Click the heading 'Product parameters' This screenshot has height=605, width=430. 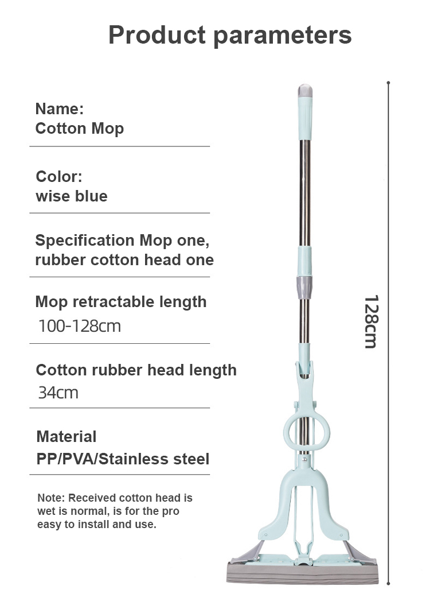pos(230,36)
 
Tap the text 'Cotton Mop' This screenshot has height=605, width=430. pos(80,129)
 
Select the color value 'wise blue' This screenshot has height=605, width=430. pos(72,196)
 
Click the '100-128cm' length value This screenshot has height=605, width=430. pos(80,326)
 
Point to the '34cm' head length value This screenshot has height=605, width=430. pos(58,393)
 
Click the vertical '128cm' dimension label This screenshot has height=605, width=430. pos(372,322)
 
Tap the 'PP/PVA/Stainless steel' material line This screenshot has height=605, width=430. pos(123,459)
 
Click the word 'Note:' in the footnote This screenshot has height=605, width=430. pos(51,498)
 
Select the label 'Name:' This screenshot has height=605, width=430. pos(60,109)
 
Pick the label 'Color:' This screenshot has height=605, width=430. pos(59,177)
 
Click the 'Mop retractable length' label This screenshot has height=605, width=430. pos(121,302)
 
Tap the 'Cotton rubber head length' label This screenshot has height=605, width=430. pos(136,370)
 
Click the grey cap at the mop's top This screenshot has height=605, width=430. pos(305,91)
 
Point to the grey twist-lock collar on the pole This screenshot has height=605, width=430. pos(304,288)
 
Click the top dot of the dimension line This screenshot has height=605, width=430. pos(388,83)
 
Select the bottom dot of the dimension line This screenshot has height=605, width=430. pos(388,583)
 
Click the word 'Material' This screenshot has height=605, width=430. pos(67,437)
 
